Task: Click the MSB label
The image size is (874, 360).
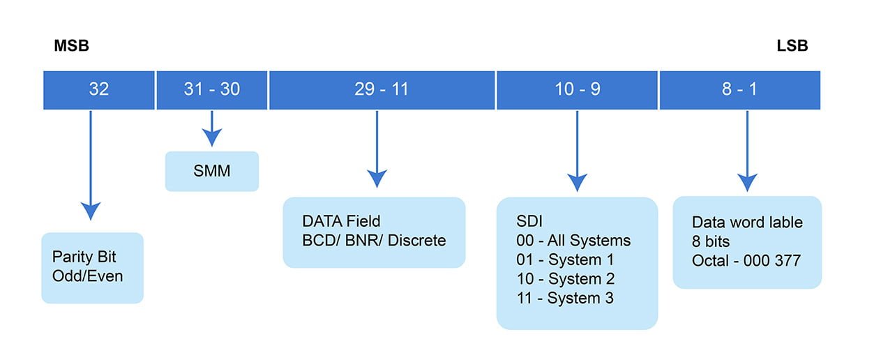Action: (x=71, y=47)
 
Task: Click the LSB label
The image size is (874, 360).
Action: (x=792, y=47)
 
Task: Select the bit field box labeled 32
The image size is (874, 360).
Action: (x=98, y=90)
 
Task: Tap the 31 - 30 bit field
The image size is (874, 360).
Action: (x=211, y=90)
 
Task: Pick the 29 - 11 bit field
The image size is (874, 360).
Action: (x=382, y=90)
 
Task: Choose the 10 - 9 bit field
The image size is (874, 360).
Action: (x=577, y=90)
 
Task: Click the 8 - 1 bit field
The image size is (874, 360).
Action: (x=739, y=90)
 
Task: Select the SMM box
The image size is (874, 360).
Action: (x=211, y=171)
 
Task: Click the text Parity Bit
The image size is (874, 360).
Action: (x=83, y=257)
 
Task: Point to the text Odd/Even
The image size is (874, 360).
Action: (x=87, y=276)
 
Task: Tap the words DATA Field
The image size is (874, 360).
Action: (x=341, y=221)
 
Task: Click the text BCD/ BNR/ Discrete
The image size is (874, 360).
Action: (x=373, y=240)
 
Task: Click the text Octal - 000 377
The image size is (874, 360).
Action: (x=746, y=261)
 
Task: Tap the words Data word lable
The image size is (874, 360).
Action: (x=747, y=223)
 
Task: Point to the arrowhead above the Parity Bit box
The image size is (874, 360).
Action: (x=91, y=210)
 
